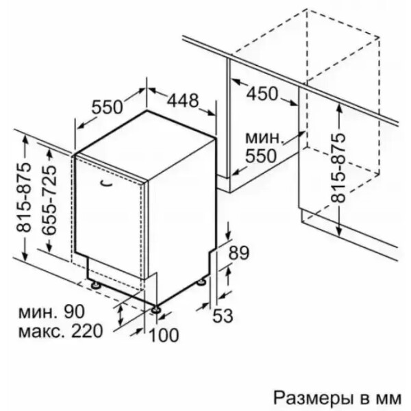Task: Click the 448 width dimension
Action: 183,101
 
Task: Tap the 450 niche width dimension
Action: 262,94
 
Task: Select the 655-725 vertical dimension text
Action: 49,200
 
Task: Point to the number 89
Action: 238,253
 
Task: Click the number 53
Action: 223,316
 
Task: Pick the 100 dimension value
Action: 164,335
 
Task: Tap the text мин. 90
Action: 51,312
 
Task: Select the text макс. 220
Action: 60,331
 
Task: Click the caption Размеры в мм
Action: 338,398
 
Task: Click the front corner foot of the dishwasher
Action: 156,309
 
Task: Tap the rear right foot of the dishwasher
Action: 201,282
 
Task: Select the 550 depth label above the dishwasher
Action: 108,107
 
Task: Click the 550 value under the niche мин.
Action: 261,156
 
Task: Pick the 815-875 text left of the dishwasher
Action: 23,198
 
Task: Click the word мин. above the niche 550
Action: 264,138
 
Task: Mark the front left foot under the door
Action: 95,285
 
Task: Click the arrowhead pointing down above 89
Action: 229,234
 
